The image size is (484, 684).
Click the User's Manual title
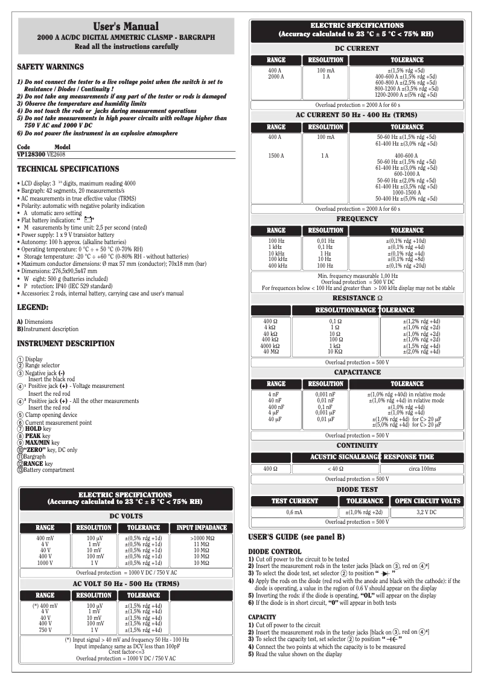pos(126,26)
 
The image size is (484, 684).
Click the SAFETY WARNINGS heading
pos(51,67)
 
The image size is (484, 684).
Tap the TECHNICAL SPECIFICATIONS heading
pos(68,169)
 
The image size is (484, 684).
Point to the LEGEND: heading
pos(33,308)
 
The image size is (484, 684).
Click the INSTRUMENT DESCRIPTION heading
pos(66,344)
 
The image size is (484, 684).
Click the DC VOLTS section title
pos(126,516)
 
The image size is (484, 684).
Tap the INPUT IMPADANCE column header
pos(202,528)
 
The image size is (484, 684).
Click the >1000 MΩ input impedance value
pos(202,538)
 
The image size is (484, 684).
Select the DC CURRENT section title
pos(357,48)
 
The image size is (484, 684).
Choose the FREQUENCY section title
pos(357,219)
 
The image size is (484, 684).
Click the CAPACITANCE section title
pos(357,372)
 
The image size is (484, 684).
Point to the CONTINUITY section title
pos(357,445)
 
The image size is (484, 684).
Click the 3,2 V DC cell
pos(427,512)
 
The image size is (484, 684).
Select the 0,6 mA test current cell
pos(294,512)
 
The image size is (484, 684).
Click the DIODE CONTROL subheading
pos(275,552)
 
